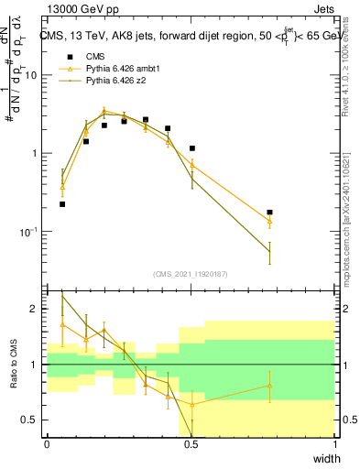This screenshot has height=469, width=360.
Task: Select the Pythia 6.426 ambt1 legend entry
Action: pyautogui.click(x=115, y=68)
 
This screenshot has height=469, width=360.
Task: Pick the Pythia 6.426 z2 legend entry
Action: pyautogui.click(x=110, y=81)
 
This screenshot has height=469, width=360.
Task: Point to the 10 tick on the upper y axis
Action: pyautogui.click(x=30, y=76)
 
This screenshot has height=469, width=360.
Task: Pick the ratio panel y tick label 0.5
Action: pyautogui.click(x=30, y=420)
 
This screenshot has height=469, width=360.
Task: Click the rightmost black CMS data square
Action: pyautogui.click(x=269, y=213)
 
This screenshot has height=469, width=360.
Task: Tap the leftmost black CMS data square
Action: pyautogui.click(x=62, y=204)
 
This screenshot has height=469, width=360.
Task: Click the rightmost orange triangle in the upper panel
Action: pyautogui.click(x=269, y=221)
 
